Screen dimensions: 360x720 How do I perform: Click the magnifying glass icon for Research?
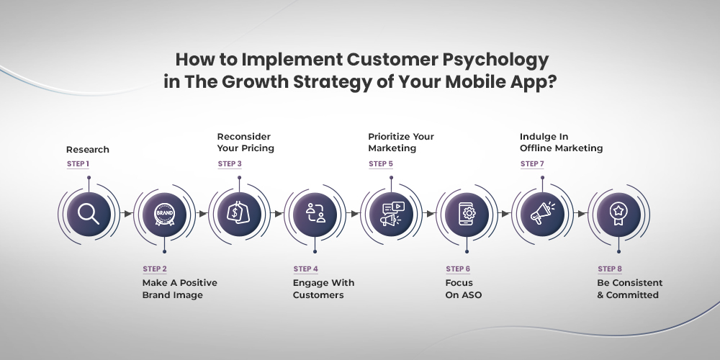tap(89, 214)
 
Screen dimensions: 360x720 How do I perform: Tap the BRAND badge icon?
tap(164, 214)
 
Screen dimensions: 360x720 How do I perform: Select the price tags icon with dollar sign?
tap(239, 214)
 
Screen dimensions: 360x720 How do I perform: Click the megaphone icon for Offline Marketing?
tap(542, 214)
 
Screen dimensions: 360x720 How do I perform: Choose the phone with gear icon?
tap(467, 214)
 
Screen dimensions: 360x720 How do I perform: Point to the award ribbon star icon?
tap(618, 214)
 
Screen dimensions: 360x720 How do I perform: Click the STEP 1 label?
tap(78, 164)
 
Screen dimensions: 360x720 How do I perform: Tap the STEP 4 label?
tap(306, 269)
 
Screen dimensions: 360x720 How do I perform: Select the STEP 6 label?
tap(458, 269)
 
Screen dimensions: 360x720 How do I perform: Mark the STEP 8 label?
tap(610, 269)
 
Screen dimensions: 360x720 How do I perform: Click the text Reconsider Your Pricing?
tap(246, 143)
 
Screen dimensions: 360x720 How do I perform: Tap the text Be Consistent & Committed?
tap(629, 289)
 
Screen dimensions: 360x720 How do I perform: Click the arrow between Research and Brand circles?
tap(127, 214)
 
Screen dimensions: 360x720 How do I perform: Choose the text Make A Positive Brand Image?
tap(179, 289)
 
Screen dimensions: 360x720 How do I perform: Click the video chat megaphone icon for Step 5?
tap(391, 214)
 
